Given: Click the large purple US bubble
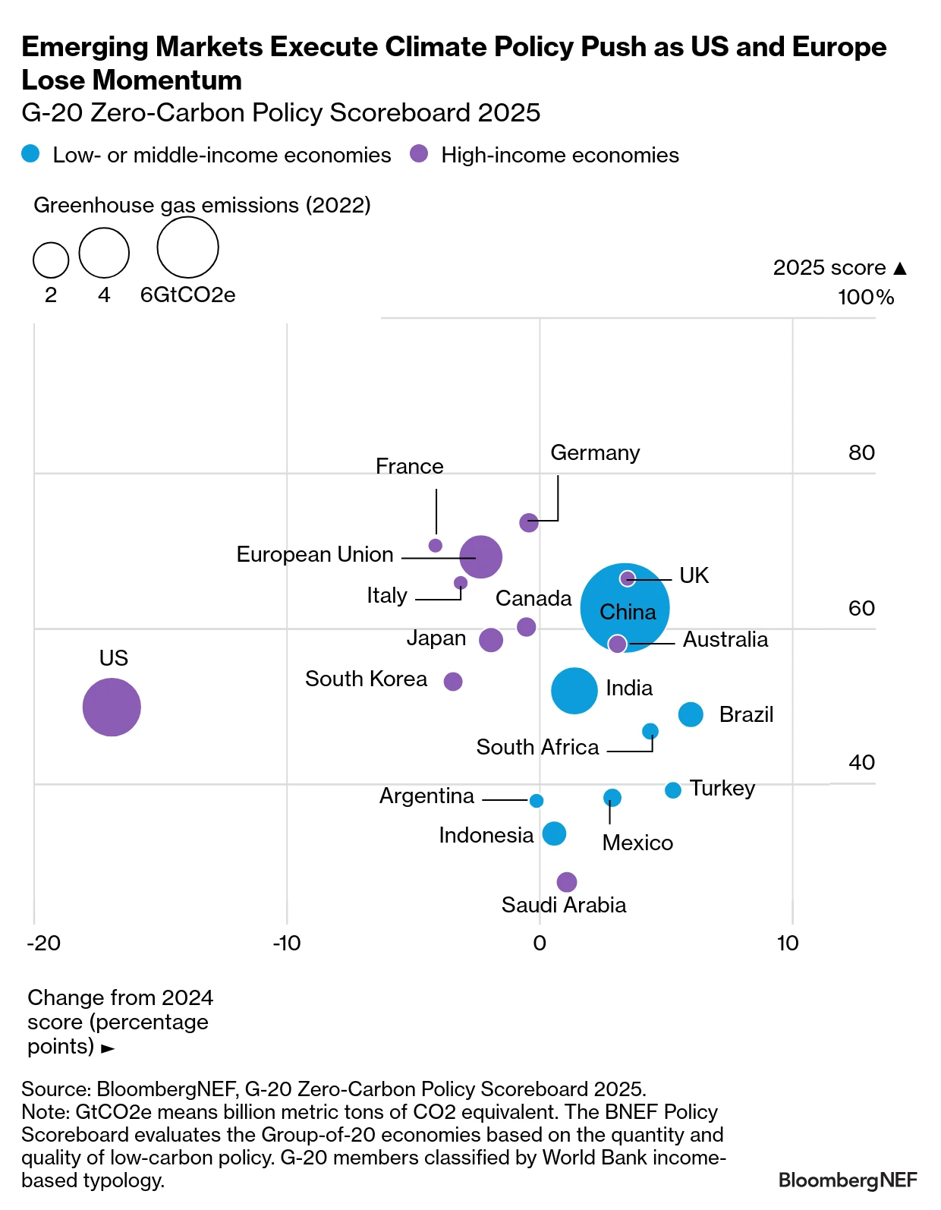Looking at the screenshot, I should coord(112,707).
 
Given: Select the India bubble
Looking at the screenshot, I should coord(574,690).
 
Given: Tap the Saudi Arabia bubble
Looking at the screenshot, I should coord(567,881).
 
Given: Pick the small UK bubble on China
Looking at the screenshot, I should coord(627,578).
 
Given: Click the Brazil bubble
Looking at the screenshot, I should coord(691,714).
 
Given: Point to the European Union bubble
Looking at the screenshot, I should coord(480,556).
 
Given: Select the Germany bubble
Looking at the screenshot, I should coord(529,522).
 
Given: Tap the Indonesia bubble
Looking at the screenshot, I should coord(554,833).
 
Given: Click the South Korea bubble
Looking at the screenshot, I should coord(453,681).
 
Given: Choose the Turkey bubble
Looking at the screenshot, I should coord(672,790).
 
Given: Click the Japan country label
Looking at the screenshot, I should coord(436,638).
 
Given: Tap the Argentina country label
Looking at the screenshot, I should coord(426,796).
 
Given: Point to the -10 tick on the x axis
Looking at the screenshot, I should coord(287,943).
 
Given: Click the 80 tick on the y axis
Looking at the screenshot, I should coord(861,452).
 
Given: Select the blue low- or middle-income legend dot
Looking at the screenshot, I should coord(30,154).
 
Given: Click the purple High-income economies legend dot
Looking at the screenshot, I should coord(419,154).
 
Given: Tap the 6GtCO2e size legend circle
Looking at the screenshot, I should coord(187,247).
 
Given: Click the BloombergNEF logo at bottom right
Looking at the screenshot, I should coord(847,1180).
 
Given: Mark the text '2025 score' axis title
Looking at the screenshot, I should coord(829,267).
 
